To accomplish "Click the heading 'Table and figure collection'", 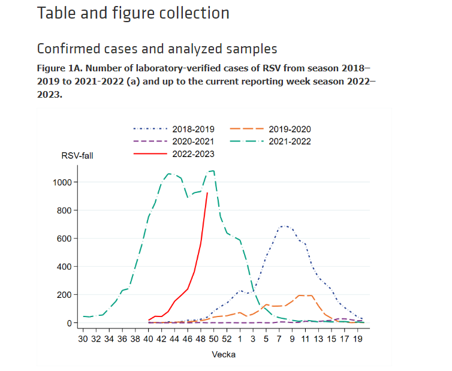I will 133,13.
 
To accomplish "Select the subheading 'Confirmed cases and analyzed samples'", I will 157,49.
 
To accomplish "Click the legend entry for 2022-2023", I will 192,154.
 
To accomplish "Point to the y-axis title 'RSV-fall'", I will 77,156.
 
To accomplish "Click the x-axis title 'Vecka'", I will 224,354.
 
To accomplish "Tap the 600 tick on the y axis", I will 65,239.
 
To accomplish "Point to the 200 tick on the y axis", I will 65,295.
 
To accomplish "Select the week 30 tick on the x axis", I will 83,339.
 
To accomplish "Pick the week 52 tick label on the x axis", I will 227,339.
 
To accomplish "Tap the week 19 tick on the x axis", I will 357,339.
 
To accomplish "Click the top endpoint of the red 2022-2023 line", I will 207,193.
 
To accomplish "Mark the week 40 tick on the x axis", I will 148,339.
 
